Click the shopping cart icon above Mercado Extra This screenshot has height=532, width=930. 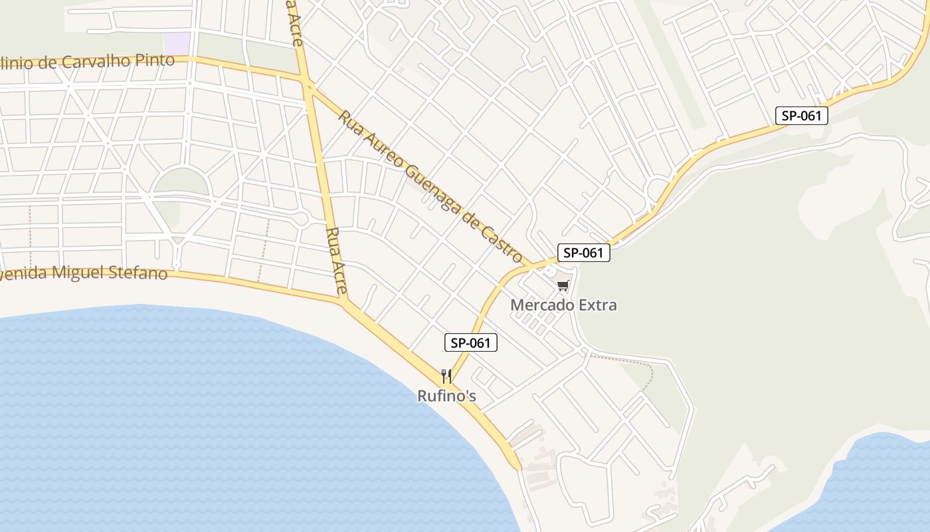(563, 285)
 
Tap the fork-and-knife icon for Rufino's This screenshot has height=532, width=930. (446, 376)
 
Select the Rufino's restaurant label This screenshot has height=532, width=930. (446, 396)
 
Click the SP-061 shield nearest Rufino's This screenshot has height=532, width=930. (470, 343)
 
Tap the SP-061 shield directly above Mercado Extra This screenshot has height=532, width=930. (583, 253)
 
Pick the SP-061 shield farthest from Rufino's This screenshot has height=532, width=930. (802, 116)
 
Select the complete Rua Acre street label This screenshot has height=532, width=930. (337, 261)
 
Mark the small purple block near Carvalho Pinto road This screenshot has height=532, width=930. (176, 44)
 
